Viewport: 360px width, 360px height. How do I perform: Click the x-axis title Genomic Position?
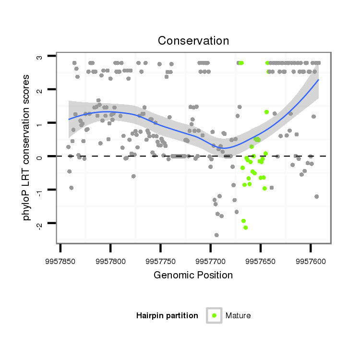pos(193,275)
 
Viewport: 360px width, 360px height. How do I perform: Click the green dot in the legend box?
pos(214,315)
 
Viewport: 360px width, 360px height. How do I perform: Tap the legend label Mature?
pos(238,315)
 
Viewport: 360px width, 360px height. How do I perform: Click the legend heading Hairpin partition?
pos(167,315)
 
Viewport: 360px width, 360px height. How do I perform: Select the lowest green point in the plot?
pos(245,228)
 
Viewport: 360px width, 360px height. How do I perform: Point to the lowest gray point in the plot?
pos(216,235)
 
